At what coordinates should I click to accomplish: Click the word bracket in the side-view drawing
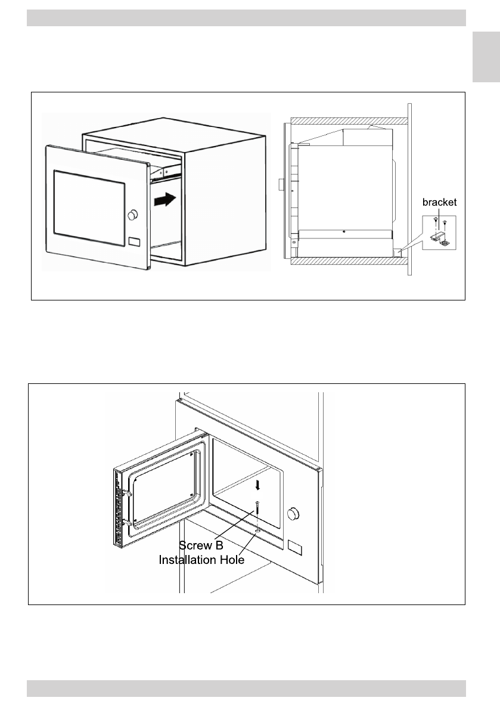439,203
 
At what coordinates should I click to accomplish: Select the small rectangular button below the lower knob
294,545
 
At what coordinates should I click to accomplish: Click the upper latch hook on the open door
127,493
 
